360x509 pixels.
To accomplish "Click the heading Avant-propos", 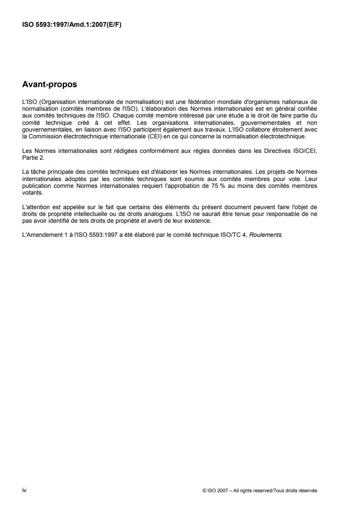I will click(49, 84).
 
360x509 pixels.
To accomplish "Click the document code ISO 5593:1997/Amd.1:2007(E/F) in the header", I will click(71, 25).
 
